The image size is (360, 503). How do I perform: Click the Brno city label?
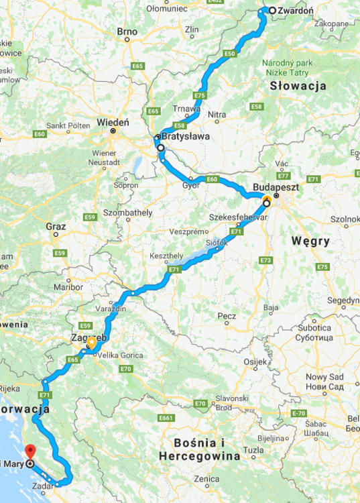tap(127, 32)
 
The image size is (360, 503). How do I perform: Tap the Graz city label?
tap(56, 227)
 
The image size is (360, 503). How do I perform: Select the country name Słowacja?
tap(298, 86)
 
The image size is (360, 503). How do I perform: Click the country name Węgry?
tap(310, 240)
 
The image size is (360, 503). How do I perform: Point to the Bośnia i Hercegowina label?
tap(199, 449)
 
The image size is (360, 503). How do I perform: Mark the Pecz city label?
tap(227, 315)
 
